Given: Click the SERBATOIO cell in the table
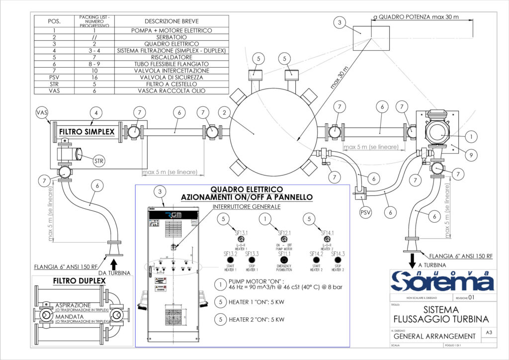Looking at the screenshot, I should point(171,37).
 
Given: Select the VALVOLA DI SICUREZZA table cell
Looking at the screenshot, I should point(171,77).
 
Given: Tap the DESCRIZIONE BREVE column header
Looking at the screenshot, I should point(171,21).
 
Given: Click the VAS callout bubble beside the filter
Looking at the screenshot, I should point(41,113).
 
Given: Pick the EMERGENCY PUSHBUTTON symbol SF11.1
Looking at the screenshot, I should point(284,260).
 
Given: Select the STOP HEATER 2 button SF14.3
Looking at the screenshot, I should point(338,260).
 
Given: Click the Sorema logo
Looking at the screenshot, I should point(442,281).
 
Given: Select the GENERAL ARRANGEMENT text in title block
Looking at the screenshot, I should point(431,336).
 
